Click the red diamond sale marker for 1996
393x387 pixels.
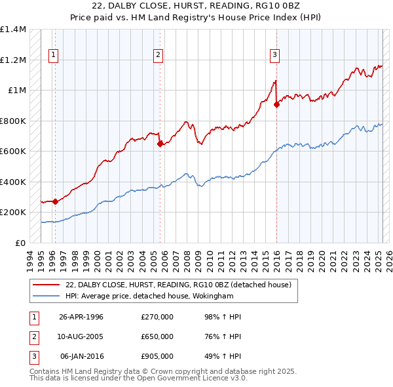55,202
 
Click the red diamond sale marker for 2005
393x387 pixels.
160,144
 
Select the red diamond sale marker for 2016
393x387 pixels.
276,104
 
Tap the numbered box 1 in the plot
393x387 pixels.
52,55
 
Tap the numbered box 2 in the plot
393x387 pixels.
158,55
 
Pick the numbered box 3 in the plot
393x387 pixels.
274,55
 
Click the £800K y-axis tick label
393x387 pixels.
12,121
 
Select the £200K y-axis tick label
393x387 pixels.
12,213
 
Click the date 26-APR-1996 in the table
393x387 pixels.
81,317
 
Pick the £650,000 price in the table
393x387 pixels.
157,336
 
